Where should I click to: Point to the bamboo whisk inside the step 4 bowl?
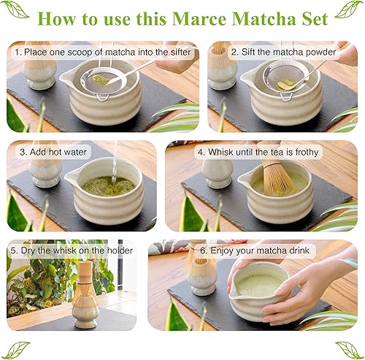(x=276, y=179)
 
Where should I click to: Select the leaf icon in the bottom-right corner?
(x=348, y=349)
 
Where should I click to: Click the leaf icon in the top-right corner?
(x=348, y=10)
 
